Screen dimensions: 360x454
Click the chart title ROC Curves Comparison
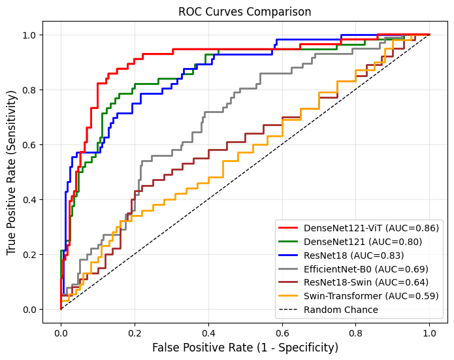pyautogui.click(x=246, y=12)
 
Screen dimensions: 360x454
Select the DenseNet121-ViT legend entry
pyautogui.click(x=371, y=228)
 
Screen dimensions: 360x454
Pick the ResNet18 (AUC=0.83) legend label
pyautogui.click(x=353, y=255)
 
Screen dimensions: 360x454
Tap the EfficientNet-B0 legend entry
pyautogui.click(x=366, y=269)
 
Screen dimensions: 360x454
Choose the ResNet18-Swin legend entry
pyautogui.click(x=366, y=283)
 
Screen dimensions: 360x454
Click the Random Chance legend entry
pyautogui.click(x=336, y=310)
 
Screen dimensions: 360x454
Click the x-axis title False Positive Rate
pyautogui.click(x=246, y=348)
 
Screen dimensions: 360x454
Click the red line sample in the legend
pyautogui.click(x=289, y=228)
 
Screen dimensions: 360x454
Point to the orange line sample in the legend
pyautogui.click(x=289, y=296)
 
